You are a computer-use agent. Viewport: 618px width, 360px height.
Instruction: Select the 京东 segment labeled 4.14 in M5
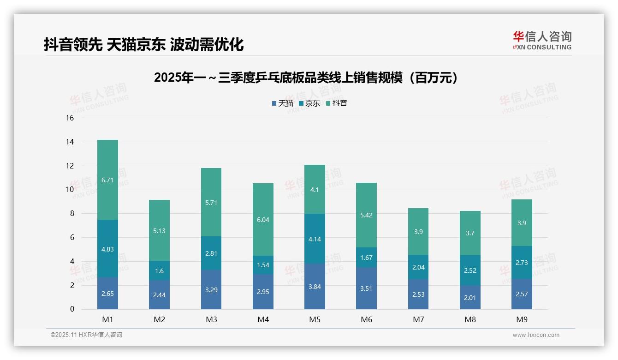click(315, 239)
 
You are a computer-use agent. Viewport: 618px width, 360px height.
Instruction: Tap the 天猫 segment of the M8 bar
click(470, 297)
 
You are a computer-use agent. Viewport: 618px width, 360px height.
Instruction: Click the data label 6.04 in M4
click(263, 220)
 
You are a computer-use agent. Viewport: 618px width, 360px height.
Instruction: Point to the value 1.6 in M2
click(160, 271)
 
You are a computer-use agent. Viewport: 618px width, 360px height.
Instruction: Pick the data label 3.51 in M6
click(366, 288)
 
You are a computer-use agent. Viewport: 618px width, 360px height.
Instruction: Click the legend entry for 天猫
click(283, 103)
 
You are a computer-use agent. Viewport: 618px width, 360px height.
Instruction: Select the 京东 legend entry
click(309, 103)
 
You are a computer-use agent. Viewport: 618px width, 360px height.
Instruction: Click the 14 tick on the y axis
click(70, 142)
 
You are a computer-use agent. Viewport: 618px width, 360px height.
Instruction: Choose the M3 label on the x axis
click(211, 319)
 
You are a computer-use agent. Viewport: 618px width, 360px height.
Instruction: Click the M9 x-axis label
click(522, 319)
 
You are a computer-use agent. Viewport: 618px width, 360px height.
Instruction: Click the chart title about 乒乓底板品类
click(308, 78)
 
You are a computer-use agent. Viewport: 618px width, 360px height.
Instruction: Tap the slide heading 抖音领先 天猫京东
click(143, 45)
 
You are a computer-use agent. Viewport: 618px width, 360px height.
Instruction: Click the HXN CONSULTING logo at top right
click(542, 41)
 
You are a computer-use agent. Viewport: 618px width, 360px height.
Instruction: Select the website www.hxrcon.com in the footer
click(536, 335)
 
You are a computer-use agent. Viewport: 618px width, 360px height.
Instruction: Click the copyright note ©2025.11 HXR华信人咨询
click(86, 335)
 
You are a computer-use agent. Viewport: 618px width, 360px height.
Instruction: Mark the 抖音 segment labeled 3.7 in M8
click(470, 233)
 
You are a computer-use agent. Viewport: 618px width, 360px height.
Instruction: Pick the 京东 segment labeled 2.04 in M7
click(418, 267)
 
